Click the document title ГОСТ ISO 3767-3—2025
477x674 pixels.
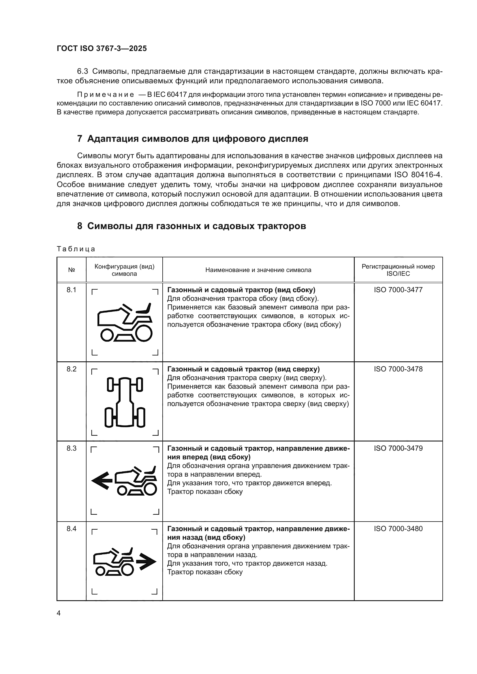[x=102, y=48]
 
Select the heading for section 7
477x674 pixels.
[x=192, y=139]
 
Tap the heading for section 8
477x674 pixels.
[x=191, y=226]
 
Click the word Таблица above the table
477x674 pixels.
[x=76, y=249]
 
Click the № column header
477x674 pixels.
[x=71, y=270]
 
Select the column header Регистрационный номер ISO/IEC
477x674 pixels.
[x=398, y=270]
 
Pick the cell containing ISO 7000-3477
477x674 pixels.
[x=398, y=290]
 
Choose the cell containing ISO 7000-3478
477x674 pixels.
[x=398, y=369]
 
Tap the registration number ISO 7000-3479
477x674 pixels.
[x=398, y=448]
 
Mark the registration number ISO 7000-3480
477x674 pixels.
[x=398, y=529]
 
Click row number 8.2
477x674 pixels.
[x=71, y=369]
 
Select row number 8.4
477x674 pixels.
[x=71, y=529]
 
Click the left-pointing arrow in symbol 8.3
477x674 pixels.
[x=102, y=481]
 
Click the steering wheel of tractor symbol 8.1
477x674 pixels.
[x=127, y=308]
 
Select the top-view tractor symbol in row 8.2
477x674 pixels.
[x=125, y=402]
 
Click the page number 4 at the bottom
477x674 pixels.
[x=59, y=613]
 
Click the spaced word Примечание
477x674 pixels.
[x=106, y=95]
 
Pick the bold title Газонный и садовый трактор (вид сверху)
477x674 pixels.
[x=243, y=369]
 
